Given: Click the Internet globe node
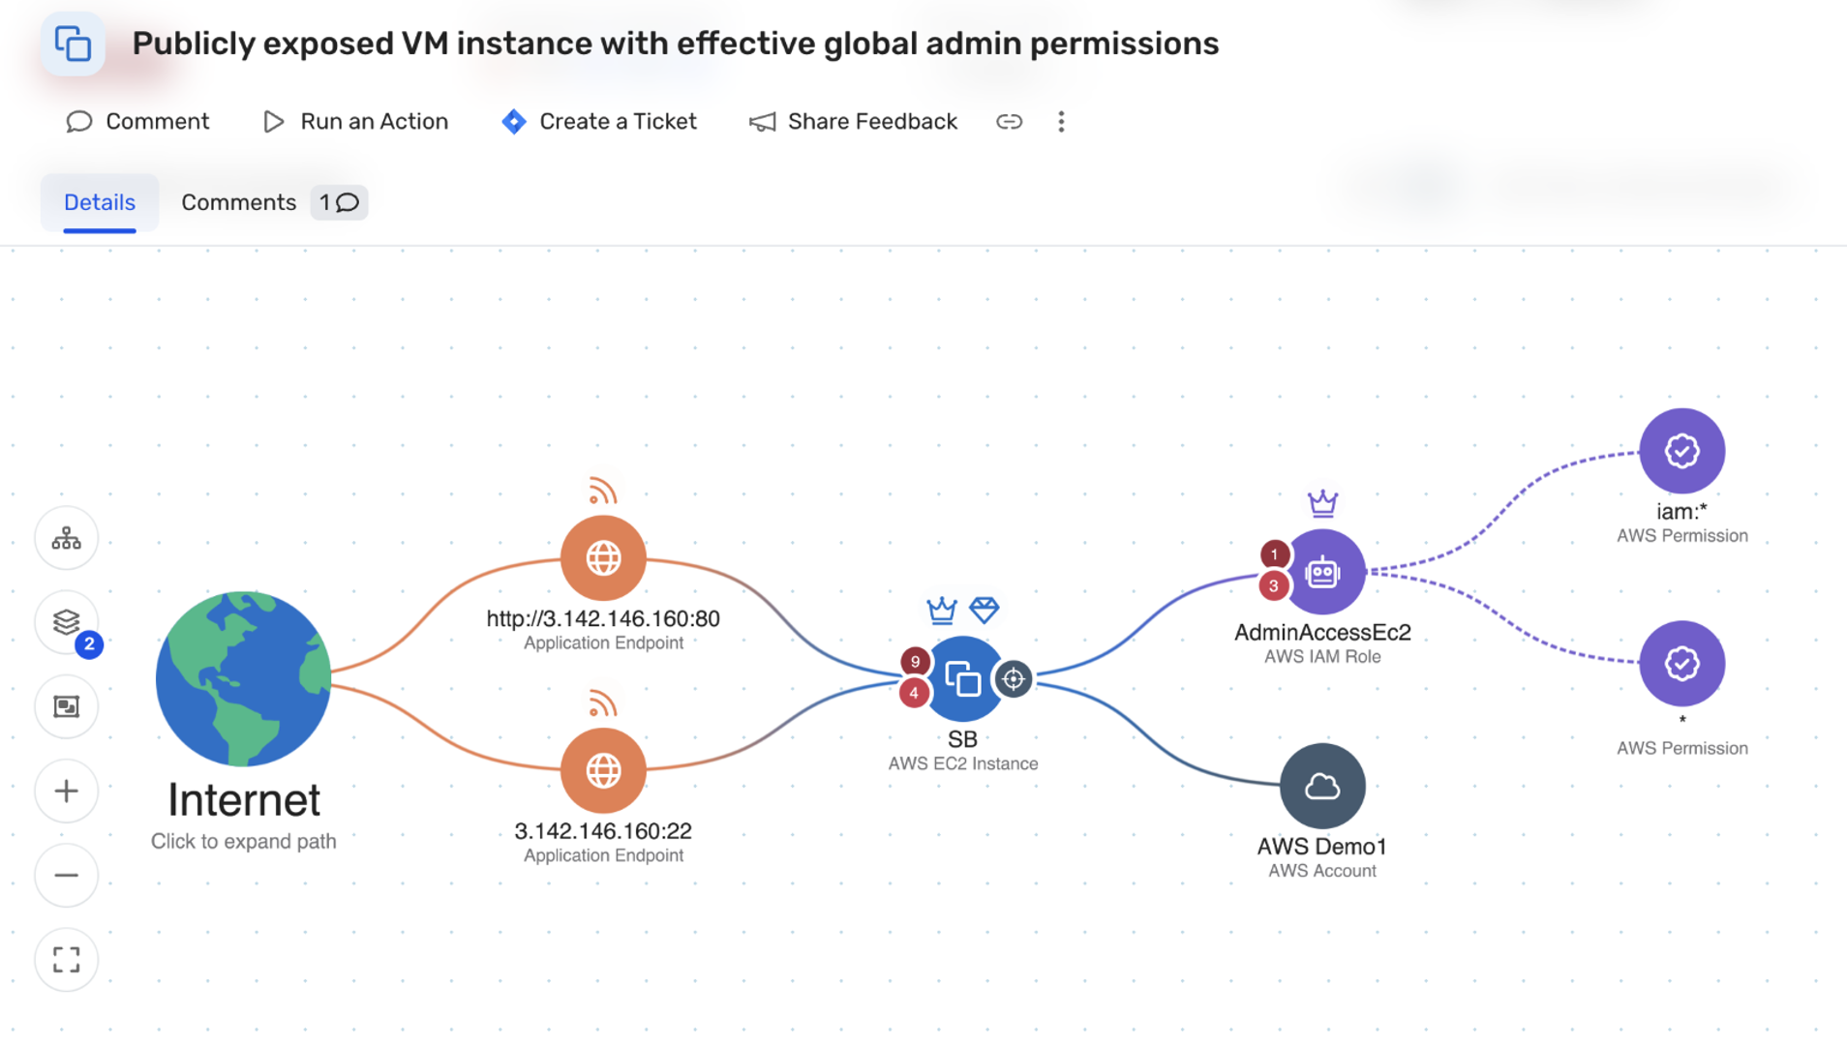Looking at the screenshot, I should pyautogui.click(x=243, y=678).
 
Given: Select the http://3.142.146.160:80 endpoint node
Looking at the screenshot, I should pyautogui.click(x=603, y=558).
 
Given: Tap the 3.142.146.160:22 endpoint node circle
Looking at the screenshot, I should pyautogui.click(x=603, y=771).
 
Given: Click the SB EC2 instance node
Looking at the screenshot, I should pyautogui.click(x=963, y=679).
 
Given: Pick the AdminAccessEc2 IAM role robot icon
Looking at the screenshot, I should pyautogui.click(x=1322, y=573).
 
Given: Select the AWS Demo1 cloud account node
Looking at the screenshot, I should pyautogui.click(x=1322, y=787).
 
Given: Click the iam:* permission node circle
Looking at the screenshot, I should pyautogui.click(x=1681, y=451).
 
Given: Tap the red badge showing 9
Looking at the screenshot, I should pyautogui.click(x=915, y=662).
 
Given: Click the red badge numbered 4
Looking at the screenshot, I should pyautogui.click(x=914, y=693).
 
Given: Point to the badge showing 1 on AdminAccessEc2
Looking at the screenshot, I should pyautogui.click(x=1275, y=554).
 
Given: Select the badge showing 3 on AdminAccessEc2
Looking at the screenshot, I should pyautogui.click(x=1274, y=585).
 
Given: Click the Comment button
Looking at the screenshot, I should pyautogui.click(x=137, y=121).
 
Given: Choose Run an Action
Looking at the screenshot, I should pyautogui.click(x=356, y=121).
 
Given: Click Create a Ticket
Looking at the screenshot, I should pyautogui.click(x=599, y=121).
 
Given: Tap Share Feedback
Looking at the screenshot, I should pyautogui.click(x=853, y=121).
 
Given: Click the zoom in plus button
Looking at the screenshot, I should pyautogui.click(x=67, y=791).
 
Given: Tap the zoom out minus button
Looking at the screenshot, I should pyautogui.click(x=67, y=876).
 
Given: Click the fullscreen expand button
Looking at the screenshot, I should pyautogui.click(x=67, y=960).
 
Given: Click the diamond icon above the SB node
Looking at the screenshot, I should pyautogui.click(x=984, y=610).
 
